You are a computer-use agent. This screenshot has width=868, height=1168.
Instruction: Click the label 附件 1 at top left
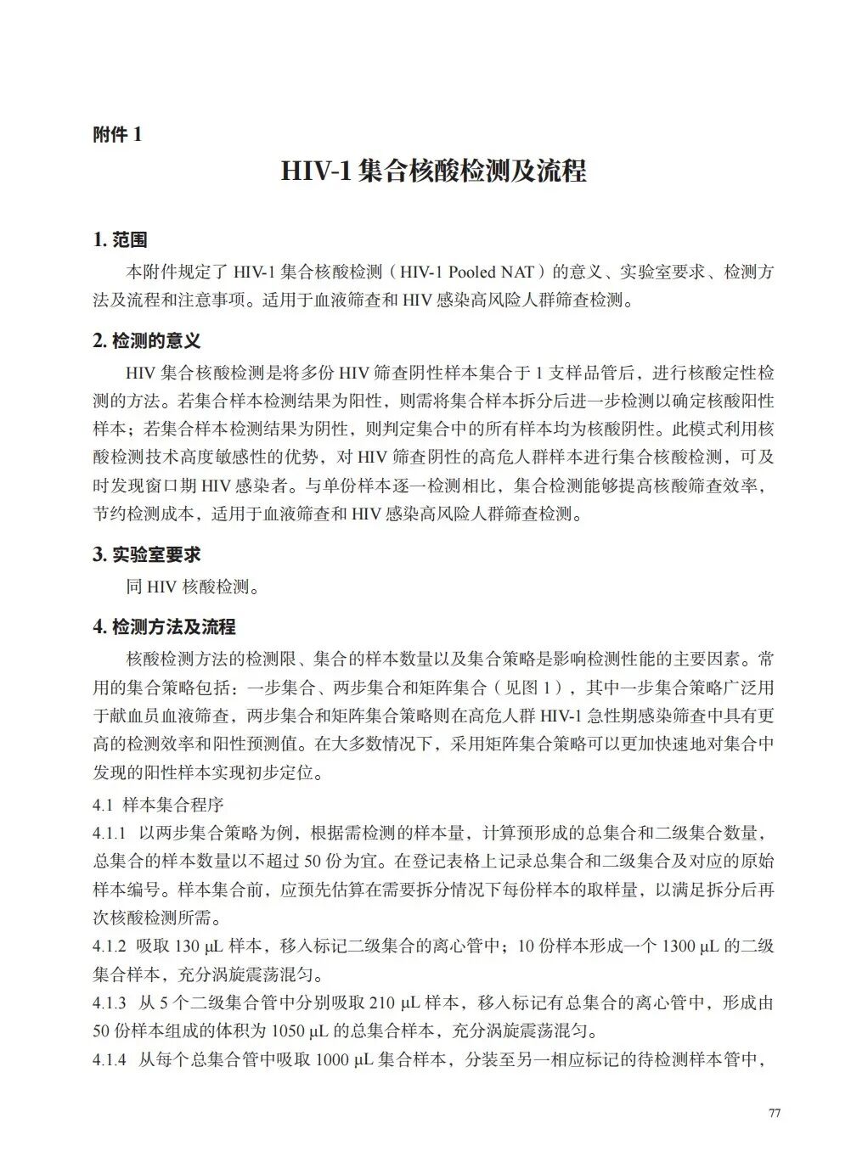tap(117, 134)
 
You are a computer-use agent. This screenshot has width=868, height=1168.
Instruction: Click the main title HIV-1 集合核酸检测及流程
tap(433, 171)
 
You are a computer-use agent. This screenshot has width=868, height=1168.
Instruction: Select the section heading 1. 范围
tap(120, 240)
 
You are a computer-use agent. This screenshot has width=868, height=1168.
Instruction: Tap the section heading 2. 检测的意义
tap(146, 341)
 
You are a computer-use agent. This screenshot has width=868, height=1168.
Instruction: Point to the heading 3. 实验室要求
tap(146, 554)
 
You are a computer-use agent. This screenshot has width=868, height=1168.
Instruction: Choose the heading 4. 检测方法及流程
tap(164, 626)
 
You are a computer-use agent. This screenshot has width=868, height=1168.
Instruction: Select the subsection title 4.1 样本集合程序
tap(158, 804)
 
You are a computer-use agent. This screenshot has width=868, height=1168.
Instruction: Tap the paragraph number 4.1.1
tap(110, 833)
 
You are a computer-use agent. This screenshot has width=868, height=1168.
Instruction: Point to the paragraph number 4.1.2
tap(110, 946)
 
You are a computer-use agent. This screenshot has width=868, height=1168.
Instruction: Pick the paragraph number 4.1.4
tap(110, 1060)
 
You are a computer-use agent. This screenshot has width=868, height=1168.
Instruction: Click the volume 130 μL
tap(197, 946)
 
